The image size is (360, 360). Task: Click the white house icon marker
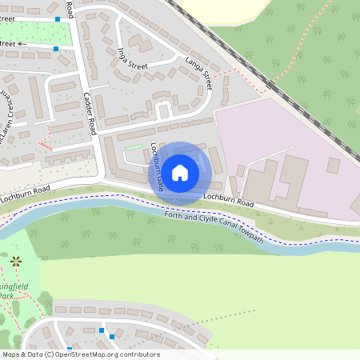(x=180, y=172)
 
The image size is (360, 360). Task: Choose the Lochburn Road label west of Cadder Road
(x=26, y=189)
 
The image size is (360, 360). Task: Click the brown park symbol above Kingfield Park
(x=15, y=261)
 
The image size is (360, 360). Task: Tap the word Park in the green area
(x=6, y=295)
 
